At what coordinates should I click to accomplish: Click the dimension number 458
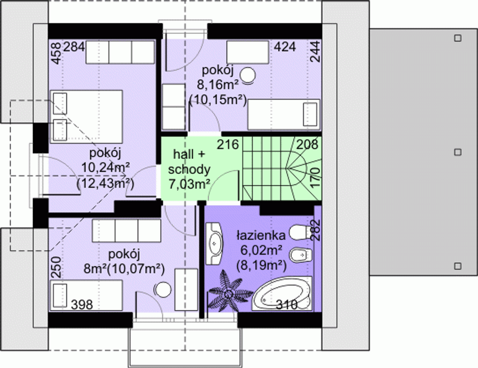click(x=57, y=53)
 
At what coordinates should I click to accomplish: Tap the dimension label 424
click(x=285, y=47)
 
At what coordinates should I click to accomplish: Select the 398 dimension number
click(x=82, y=305)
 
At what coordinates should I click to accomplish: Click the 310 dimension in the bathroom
click(x=287, y=305)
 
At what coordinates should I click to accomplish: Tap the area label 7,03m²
click(x=189, y=184)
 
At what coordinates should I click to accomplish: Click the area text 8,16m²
click(x=218, y=85)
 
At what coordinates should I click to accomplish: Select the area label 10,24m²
click(x=106, y=168)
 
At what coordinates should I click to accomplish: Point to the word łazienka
click(x=261, y=235)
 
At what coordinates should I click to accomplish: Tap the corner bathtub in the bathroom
click(x=282, y=294)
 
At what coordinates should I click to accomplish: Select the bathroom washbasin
click(x=214, y=243)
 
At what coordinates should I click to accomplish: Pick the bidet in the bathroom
click(x=301, y=256)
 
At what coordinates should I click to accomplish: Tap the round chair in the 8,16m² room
click(x=248, y=76)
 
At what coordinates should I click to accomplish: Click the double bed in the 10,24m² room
click(x=86, y=117)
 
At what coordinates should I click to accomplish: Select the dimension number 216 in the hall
click(x=228, y=145)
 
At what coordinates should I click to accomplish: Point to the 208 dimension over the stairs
click(x=307, y=145)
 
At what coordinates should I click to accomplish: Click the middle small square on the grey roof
click(x=458, y=152)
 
